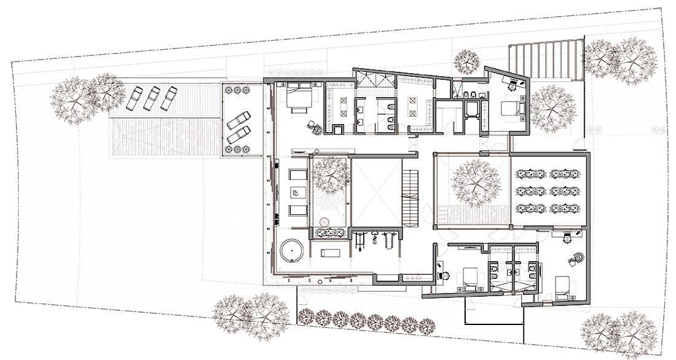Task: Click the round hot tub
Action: [x=292, y=252]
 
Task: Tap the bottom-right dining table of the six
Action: [x=561, y=208]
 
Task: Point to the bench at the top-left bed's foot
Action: [x=299, y=111]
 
